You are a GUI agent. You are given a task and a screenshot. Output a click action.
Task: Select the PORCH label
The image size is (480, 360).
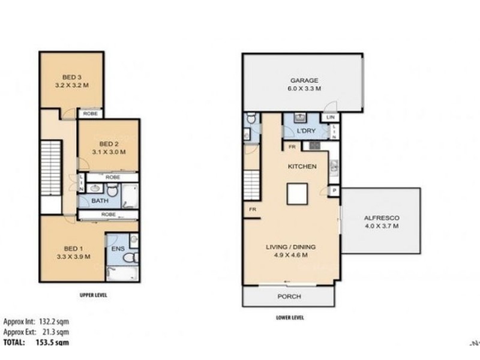tap(289, 297)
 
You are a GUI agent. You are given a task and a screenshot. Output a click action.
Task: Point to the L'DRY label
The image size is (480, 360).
tap(306, 130)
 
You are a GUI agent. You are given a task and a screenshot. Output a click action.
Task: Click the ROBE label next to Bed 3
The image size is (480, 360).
tap(90, 113)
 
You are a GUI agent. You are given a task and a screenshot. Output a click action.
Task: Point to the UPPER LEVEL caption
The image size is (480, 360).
tap(93, 295)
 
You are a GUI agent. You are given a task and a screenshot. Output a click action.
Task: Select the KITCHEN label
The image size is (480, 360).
tap(302, 167)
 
